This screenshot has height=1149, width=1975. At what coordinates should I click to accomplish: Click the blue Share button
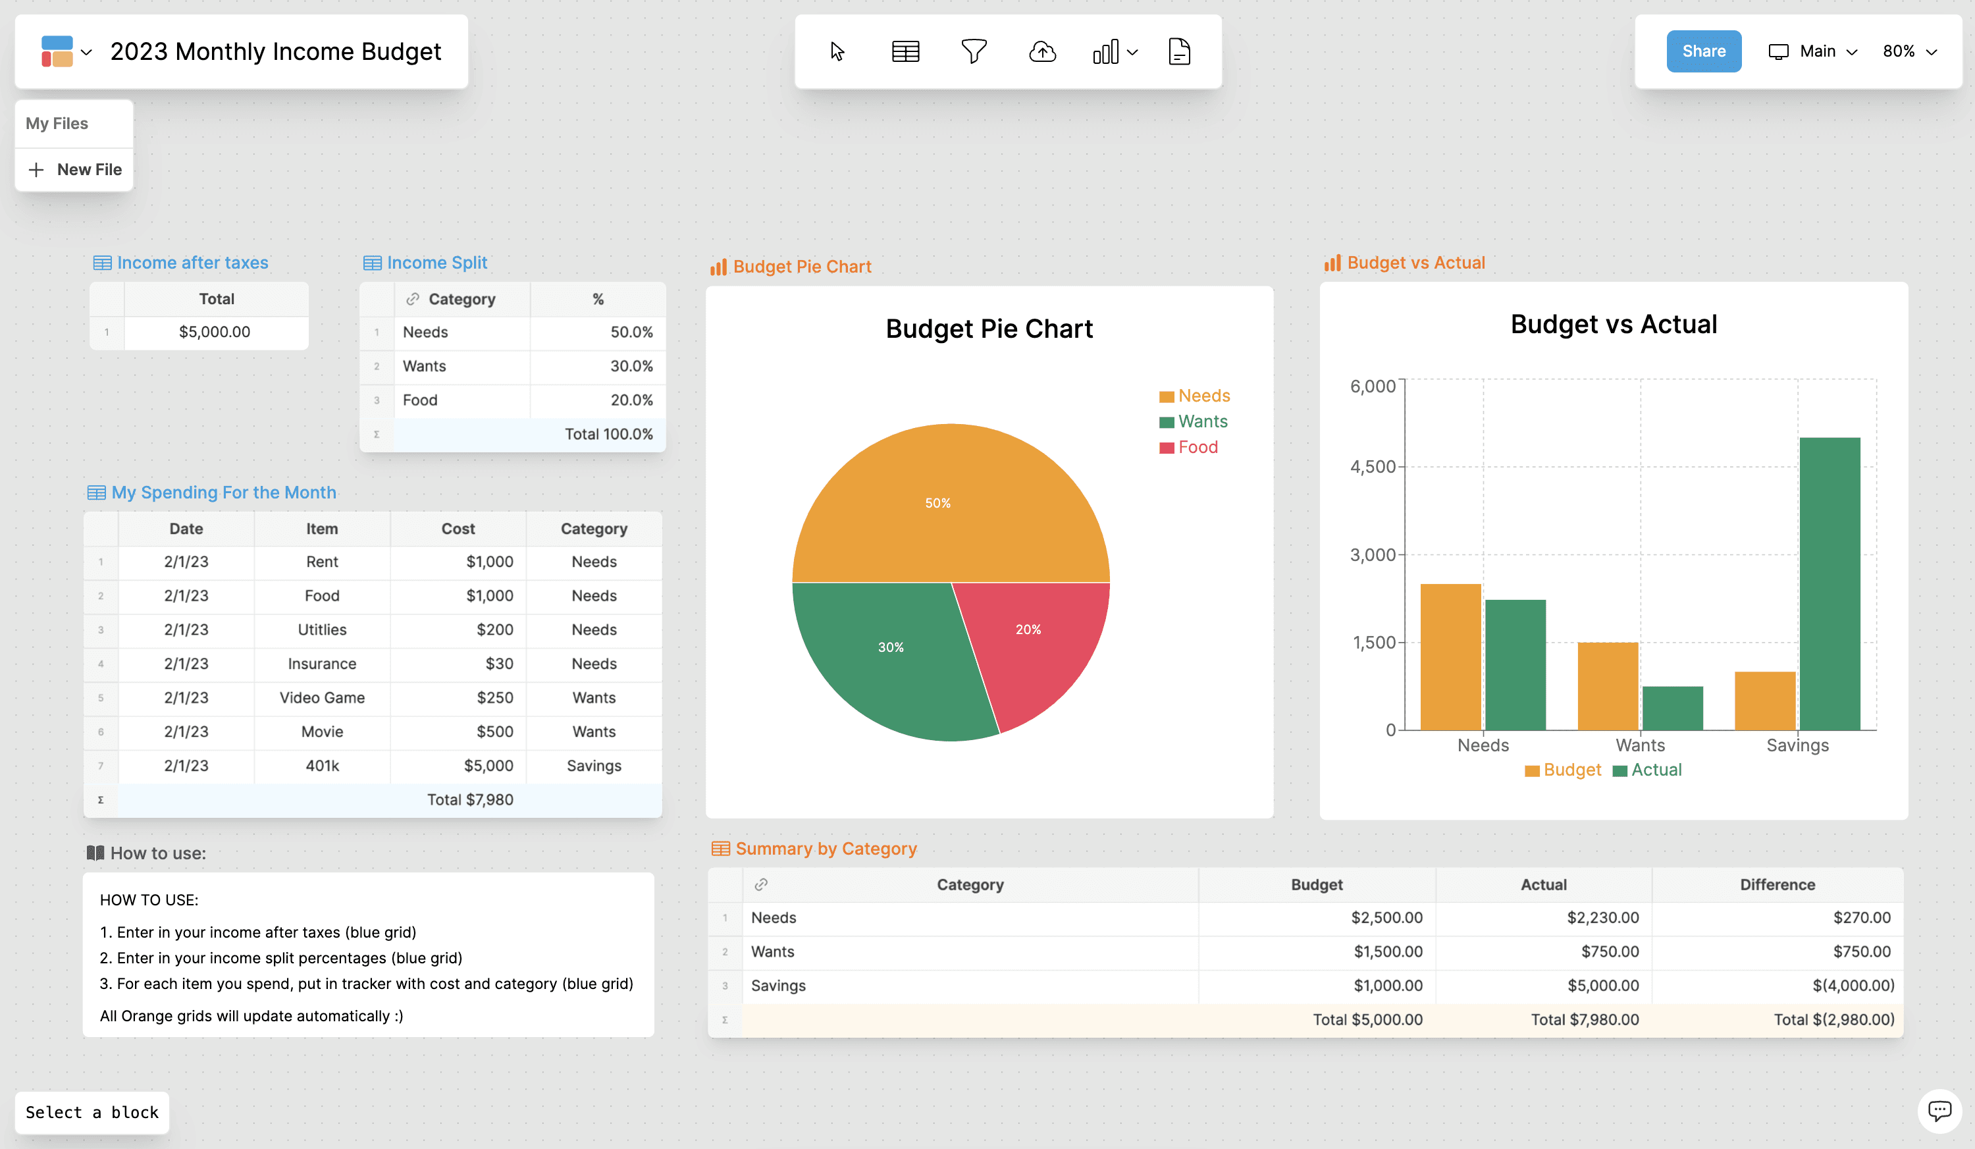coord(1703,51)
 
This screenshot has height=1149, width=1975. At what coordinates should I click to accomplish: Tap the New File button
coord(74,169)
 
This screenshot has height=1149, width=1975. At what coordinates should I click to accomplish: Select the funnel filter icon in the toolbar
coord(974,52)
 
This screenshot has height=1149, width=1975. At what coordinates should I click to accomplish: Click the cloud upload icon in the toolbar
coord(1041,52)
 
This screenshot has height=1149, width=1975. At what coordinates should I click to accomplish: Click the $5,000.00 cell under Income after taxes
coord(215,333)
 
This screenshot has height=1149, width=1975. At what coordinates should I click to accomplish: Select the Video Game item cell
coord(322,697)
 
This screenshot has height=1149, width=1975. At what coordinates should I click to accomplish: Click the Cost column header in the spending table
coord(458,529)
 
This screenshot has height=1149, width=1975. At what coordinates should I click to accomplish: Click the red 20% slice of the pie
coord(1034,643)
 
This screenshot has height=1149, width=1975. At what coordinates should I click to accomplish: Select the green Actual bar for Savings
coord(1830,584)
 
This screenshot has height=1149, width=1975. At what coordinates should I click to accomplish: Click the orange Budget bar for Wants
coord(1608,687)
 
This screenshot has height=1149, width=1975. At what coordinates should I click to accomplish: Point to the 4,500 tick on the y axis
coord(1373,467)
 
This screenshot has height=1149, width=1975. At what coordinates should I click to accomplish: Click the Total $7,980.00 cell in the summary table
coord(1585,1020)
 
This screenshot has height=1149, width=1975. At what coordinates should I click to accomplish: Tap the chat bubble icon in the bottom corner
coord(1939,1111)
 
